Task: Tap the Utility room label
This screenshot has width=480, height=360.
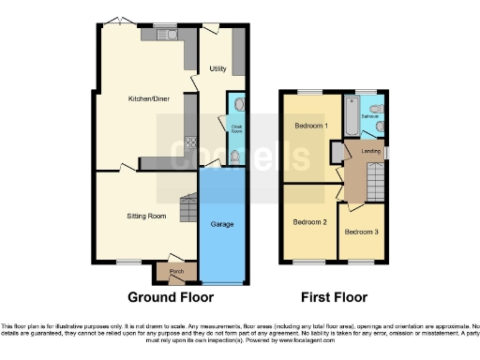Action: [217, 68]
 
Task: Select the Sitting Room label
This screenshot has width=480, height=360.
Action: [146, 216]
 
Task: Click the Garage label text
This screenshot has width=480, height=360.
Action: [222, 224]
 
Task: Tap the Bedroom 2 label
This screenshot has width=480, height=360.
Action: [308, 222]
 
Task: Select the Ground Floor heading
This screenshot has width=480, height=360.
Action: [172, 297]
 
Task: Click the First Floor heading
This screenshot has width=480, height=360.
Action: [333, 297]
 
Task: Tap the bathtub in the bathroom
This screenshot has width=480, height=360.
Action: [351, 117]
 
